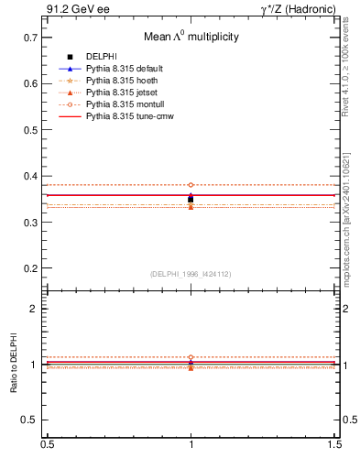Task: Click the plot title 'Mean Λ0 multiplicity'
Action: coord(191,38)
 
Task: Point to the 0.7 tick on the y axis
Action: coord(29,38)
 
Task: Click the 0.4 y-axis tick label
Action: coord(29,176)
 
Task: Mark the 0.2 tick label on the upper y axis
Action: coord(29,268)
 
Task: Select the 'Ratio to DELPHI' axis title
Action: coord(14,365)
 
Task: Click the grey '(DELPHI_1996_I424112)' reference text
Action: coord(191,273)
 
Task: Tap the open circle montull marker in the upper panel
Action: coord(191,185)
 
